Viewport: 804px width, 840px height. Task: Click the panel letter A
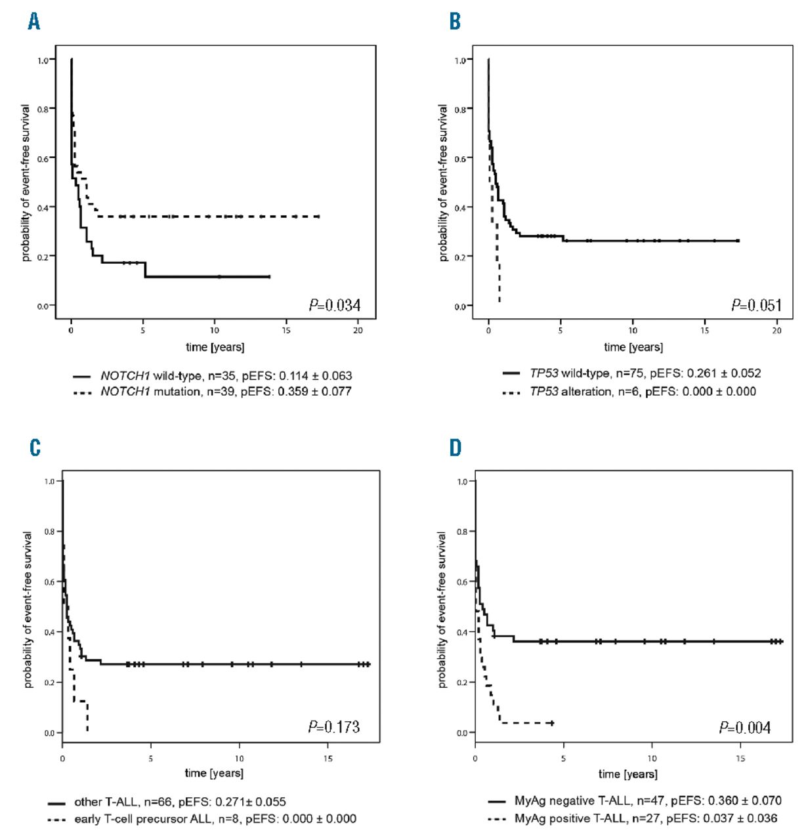pyautogui.click(x=34, y=22)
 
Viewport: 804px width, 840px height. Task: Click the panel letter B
pyautogui.click(x=455, y=22)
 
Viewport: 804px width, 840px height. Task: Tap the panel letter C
pyautogui.click(x=35, y=448)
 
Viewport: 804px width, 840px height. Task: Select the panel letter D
pyautogui.click(x=455, y=448)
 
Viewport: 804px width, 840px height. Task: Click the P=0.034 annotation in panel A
pyautogui.click(x=335, y=304)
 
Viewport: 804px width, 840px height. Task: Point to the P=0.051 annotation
pyautogui.click(x=757, y=305)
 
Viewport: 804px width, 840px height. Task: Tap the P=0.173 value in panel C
pyautogui.click(x=334, y=726)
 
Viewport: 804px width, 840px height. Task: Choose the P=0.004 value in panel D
pyautogui.click(x=745, y=727)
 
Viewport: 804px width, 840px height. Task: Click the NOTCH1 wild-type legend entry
pyautogui.click(x=226, y=376)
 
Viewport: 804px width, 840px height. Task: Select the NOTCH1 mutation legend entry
pyautogui.click(x=226, y=392)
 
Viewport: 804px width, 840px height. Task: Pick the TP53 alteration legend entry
pyautogui.click(x=643, y=392)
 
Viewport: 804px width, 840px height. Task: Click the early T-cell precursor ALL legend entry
pyautogui.click(x=215, y=819)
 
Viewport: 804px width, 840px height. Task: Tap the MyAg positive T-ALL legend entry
pyautogui.click(x=646, y=818)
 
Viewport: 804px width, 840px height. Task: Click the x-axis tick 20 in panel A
pyautogui.click(x=358, y=330)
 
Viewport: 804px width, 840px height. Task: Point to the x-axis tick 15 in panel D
pyautogui.click(x=740, y=758)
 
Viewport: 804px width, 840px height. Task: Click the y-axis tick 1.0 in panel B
pyautogui.click(x=459, y=60)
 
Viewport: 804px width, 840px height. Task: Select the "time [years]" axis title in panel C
pyautogui.click(x=214, y=773)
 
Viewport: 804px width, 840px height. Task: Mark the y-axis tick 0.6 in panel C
pyautogui.click(x=50, y=582)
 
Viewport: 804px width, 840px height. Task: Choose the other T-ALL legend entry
pyautogui.click(x=180, y=802)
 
